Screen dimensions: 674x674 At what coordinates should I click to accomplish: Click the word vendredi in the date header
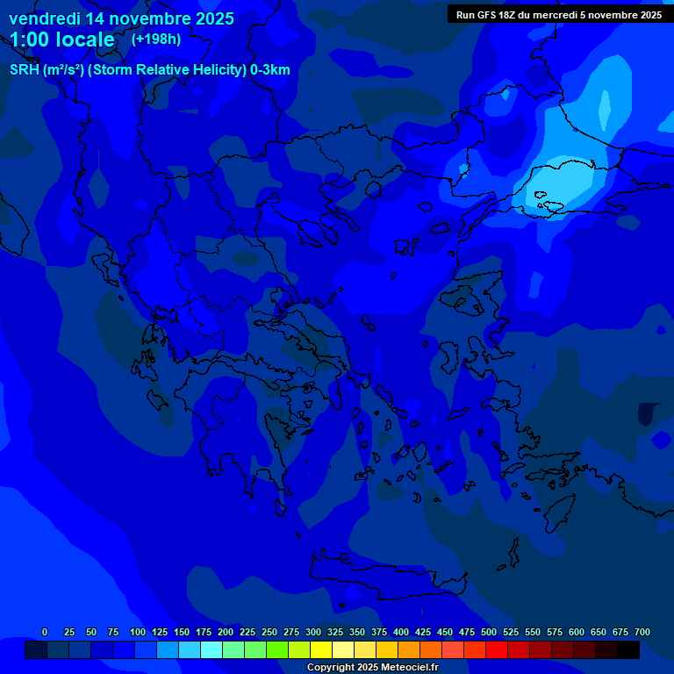[x=44, y=18]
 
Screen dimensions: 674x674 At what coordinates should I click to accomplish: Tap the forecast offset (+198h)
[x=155, y=39]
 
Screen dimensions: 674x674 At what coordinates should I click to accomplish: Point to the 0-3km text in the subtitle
[x=269, y=70]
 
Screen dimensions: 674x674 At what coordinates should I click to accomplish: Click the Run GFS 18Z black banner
[x=559, y=15]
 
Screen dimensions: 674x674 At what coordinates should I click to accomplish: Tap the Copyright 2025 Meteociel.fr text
[x=372, y=667]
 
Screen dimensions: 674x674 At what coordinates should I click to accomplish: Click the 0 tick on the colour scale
[x=45, y=632]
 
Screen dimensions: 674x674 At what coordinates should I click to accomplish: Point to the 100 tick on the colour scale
[x=138, y=632]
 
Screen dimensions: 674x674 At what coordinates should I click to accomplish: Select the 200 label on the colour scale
[x=226, y=632]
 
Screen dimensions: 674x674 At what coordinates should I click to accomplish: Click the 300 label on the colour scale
[x=313, y=632]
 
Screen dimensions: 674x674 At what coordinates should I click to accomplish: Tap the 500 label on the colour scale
[x=489, y=632]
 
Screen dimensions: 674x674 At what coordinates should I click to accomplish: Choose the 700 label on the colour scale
[x=642, y=632]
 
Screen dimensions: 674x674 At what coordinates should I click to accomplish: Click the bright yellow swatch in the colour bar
[x=321, y=650]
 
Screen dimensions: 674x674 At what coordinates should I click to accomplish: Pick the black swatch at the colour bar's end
[x=628, y=650]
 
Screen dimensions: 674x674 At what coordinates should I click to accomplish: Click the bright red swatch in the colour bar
[x=497, y=650]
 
